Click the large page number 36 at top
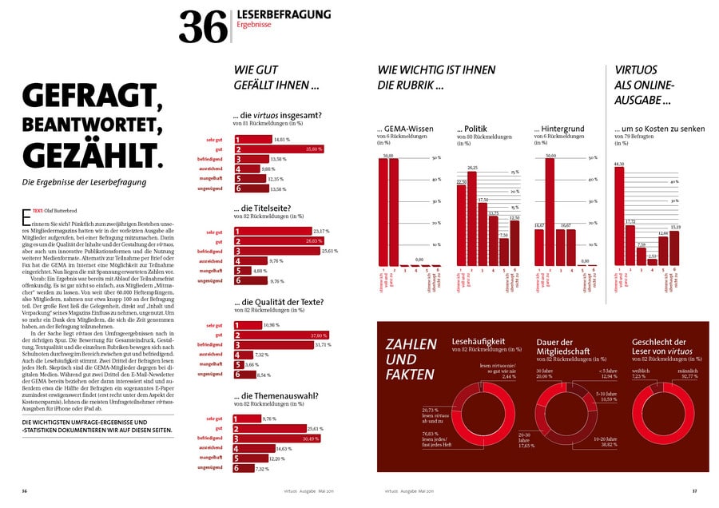pyautogui.click(x=204, y=26)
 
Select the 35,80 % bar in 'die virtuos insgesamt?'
pyautogui.click(x=279, y=149)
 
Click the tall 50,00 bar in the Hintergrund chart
pyautogui.click(x=550, y=212)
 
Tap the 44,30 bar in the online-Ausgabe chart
pyautogui.click(x=618, y=216)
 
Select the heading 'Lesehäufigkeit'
pyautogui.click(x=477, y=341)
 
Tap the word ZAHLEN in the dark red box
pyautogui.click(x=411, y=344)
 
